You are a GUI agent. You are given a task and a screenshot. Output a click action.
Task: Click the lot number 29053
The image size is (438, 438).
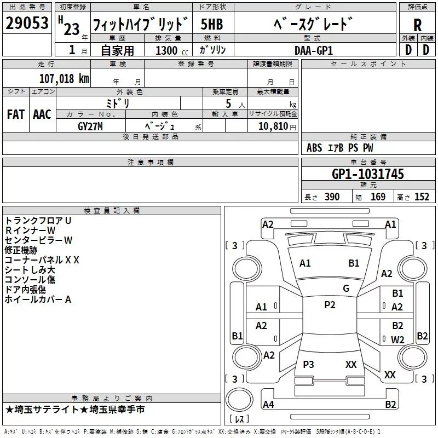pyautogui.click(x=27, y=23)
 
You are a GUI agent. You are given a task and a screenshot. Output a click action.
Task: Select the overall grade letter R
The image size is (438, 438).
pyautogui.click(x=417, y=25)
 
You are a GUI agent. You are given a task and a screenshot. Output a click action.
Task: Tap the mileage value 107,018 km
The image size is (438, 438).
pyautogui.click(x=64, y=79)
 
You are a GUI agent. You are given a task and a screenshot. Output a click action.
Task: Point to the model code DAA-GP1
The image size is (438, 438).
pyautogui.click(x=314, y=50)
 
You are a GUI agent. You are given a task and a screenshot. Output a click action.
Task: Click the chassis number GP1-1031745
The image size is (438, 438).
pyautogui.click(x=367, y=174)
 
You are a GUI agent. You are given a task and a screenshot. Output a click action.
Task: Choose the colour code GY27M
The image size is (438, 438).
pyautogui.click(x=90, y=126)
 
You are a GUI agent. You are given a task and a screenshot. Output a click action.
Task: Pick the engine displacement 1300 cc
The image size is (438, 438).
pyautogui.click(x=172, y=50)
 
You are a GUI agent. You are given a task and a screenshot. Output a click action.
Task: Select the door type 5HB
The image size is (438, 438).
pyautogui.click(x=212, y=24)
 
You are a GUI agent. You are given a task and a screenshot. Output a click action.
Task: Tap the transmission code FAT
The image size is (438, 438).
pyautogui.click(x=16, y=114)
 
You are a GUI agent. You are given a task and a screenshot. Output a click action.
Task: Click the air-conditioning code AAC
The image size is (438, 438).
pyautogui.click(x=42, y=114)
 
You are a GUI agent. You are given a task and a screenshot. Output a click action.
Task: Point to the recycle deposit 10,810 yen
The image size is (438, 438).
pyautogui.click(x=277, y=126)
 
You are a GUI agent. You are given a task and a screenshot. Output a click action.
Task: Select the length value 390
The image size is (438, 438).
pyautogui.click(x=332, y=197)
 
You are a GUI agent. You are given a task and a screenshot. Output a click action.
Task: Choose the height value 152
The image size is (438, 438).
pyautogui.click(x=422, y=197)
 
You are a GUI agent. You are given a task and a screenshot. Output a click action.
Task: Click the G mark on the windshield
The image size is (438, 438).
pyautogui.click(x=346, y=288)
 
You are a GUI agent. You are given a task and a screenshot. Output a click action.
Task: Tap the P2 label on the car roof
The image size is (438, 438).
pyautogui.click(x=330, y=305)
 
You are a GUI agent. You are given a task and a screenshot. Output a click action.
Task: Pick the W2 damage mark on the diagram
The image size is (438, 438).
pyautogui.click(x=397, y=339)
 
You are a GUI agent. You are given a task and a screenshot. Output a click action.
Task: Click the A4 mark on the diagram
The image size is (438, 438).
pyautogui.click(x=268, y=404)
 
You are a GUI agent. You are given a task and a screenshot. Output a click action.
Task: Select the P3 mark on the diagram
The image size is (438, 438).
pyautogui.click(x=308, y=364)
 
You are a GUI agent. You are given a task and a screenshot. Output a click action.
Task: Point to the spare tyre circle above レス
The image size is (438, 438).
pyautogui.click(x=239, y=400)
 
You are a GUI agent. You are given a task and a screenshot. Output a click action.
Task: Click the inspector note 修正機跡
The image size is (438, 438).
pyautogui.click(x=21, y=250)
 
